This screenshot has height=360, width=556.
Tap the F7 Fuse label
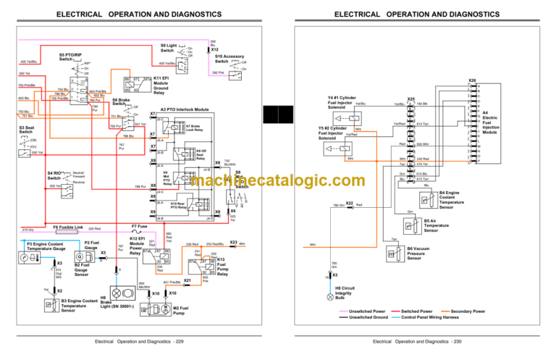click(140, 226)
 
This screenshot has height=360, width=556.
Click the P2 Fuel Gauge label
click(91, 246)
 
